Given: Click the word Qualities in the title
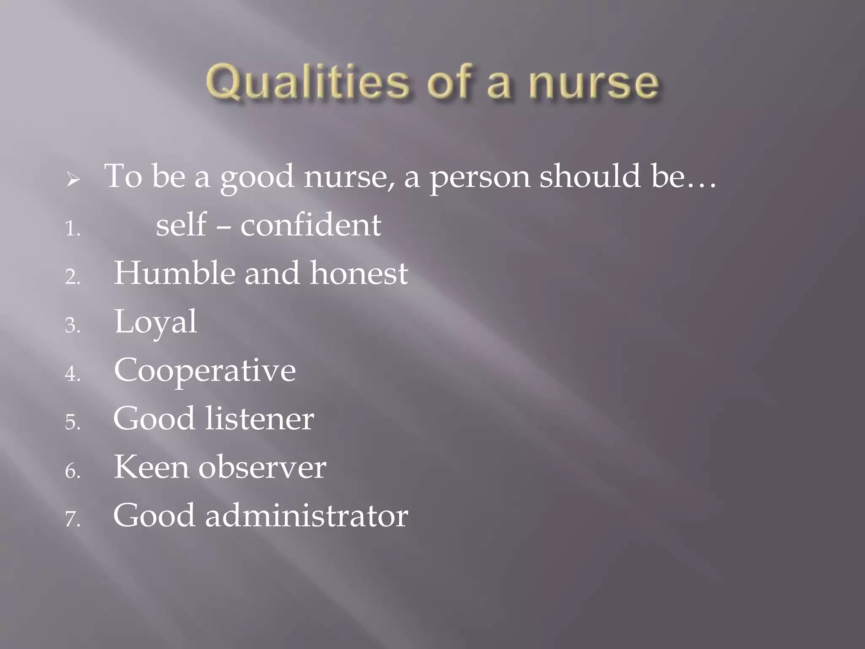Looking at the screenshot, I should [x=307, y=83].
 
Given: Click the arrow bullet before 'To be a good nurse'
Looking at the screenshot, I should [x=73, y=181].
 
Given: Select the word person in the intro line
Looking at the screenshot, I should [x=480, y=177].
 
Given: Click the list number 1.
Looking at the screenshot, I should [x=72, y=229].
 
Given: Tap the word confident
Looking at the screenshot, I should [x=311, y=225].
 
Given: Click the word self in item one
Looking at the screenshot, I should [x=181, y=225].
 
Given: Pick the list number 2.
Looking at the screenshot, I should [x=72, y=278].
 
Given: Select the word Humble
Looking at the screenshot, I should [x=174, y=273].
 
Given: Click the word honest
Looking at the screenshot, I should [x=359, y=273].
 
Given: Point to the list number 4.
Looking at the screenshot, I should [x=72, y=374].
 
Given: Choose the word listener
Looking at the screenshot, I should [x=260, y=419].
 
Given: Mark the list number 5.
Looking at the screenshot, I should [x=72, y=423].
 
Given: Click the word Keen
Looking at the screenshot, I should [x=151, y=467].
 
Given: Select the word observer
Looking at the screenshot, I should [x=262, y=467].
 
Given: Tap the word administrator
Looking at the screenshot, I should [x=307, y=516].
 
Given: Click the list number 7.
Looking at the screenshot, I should [x=72, y=519].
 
